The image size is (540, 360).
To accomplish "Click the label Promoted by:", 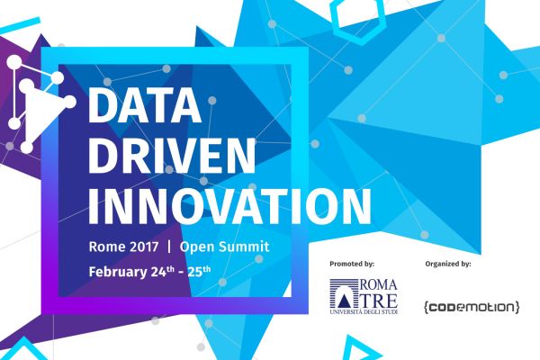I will point(352,265).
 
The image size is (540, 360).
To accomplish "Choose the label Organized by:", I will point(447,265).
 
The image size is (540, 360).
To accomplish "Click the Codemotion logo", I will point(471,307).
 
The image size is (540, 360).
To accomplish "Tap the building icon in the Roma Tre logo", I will point(346,294).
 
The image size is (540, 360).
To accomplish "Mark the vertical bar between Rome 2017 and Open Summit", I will point(170,246).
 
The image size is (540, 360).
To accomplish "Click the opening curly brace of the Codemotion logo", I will point(425,308).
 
